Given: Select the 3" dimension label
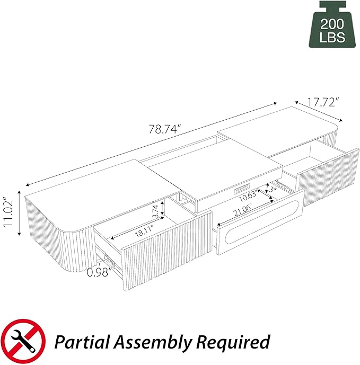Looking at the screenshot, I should click(272, 189).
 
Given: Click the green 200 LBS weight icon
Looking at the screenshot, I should click(332, 25).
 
